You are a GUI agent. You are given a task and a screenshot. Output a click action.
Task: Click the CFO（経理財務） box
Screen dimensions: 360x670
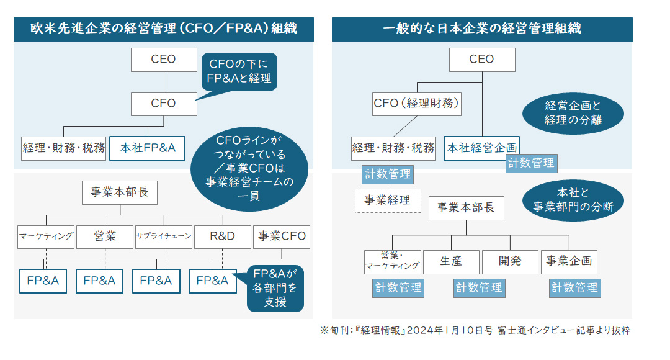tap(418, 103)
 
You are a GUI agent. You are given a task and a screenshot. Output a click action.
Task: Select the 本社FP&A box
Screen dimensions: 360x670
tap(148, 148)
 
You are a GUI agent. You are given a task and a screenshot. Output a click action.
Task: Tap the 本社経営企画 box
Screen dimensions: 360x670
tap(481, 148)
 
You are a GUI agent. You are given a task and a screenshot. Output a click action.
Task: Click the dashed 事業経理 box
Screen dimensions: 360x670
tap(387, 200)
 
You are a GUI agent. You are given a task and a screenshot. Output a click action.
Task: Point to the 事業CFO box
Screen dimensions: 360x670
tap(282, 236)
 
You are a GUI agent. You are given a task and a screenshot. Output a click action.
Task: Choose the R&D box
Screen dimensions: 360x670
tap(222, 236)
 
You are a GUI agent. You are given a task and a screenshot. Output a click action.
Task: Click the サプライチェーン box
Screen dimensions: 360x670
tap(163, 236)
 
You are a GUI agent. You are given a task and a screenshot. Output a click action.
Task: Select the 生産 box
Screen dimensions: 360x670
tap(450, 261)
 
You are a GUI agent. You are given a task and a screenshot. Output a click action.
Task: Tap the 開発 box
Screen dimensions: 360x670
tap(510, 261)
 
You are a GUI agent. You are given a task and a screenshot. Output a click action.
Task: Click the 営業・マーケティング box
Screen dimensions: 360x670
tap(392, 262)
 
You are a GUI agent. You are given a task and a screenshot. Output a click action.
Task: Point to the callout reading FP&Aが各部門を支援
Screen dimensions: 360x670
tap(275, 289)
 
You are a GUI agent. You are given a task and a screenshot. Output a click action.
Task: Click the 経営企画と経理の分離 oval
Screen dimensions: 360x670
tap(573, 112)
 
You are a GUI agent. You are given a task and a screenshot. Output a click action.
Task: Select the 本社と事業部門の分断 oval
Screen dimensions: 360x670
tap(573, 199)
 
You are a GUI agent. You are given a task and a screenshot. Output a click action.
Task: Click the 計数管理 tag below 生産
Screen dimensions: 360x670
tap(479, 287)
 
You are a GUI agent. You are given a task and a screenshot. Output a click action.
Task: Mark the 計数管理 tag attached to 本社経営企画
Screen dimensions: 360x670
tap(531, 163)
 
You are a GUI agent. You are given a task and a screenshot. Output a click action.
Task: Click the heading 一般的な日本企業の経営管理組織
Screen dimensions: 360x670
tap(481, 29)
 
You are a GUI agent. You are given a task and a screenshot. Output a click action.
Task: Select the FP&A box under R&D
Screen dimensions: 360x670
tap(212, 281)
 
